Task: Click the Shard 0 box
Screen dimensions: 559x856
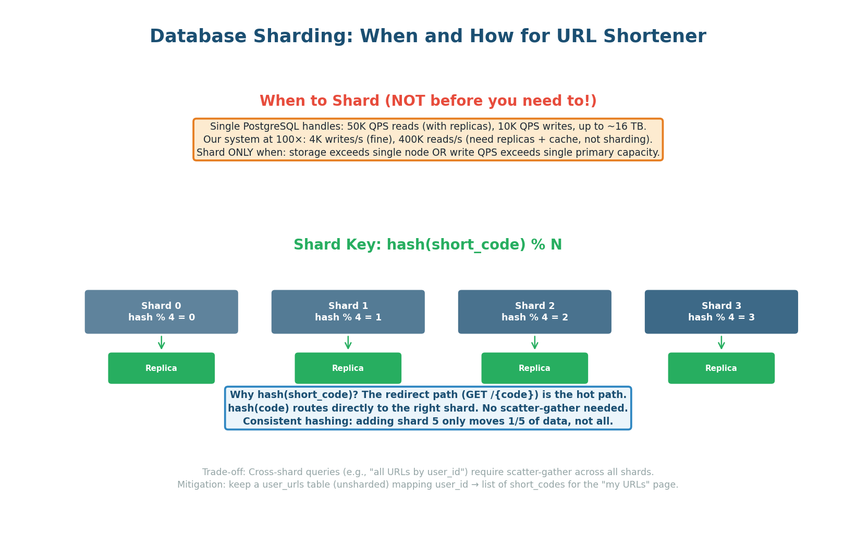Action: click(x=161, y=312)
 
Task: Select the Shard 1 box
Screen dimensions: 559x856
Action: click(x=348, y=312)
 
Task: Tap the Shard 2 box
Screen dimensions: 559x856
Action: click(x=534, y=312)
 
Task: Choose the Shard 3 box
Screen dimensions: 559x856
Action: click(x=721, y=312)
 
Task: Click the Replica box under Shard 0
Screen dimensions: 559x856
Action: click(x=161, y=368)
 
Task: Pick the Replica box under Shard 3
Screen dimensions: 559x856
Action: click(x=721, y=368)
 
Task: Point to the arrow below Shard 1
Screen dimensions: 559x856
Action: click(x=348, y=343)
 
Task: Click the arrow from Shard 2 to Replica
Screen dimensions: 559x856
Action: click(x=534, y=343)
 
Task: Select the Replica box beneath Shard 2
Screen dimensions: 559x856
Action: click(x=534, y=368)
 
